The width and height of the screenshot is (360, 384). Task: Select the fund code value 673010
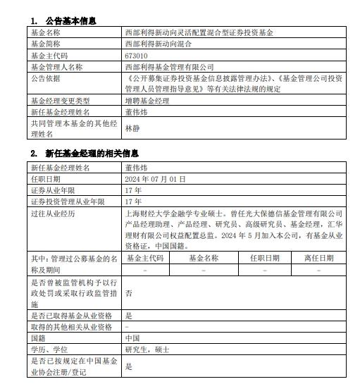(x=136, y=55)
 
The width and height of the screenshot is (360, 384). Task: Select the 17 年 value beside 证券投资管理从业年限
(x=132, y=201)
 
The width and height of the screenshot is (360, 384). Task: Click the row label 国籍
(x=39, y=338)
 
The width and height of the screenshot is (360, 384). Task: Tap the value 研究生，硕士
(x=145, y=349)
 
